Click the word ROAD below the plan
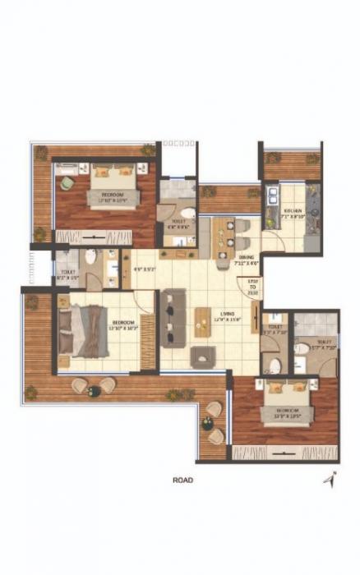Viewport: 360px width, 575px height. (x=183, y=481)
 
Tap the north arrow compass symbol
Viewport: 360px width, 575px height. (x=329, y=479)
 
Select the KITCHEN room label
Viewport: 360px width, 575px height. (x=293, y=212)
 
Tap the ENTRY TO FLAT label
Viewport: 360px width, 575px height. (x=253, y=287)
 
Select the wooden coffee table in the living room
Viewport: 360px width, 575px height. (x=202, y=323)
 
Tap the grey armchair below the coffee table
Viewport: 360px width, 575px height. (x=202, y=356)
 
